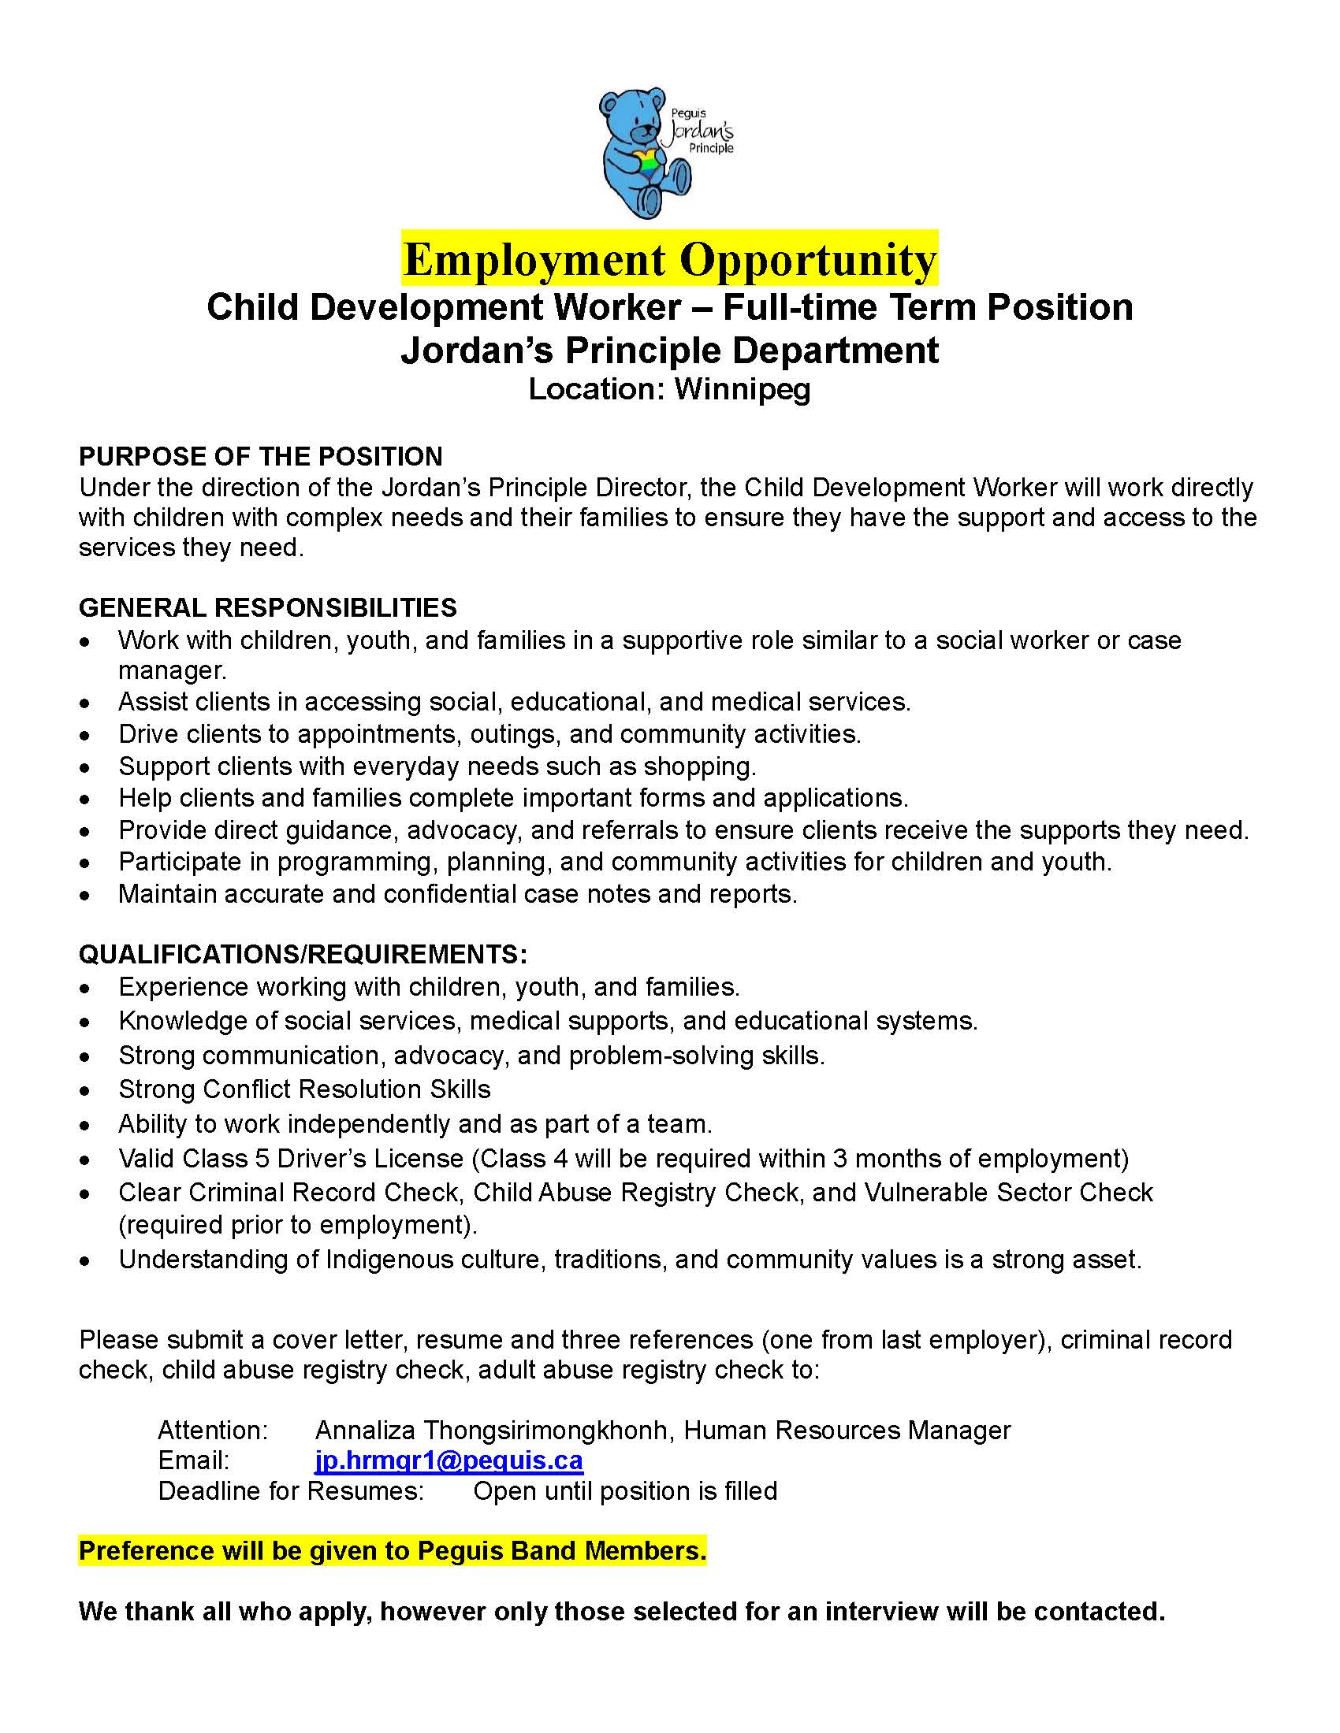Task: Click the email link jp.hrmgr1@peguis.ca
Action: click(x=449, y=1460)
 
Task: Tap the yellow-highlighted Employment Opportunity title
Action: click(x=669, y=258)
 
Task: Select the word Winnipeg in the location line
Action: click(x=743, y=389)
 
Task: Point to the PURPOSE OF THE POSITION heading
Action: click(x=260, y=456)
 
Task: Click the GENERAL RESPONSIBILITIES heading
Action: click(x=267, y=608)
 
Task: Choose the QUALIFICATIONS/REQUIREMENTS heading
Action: click(x=303, y=953)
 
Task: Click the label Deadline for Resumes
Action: click(x=291, y=1491)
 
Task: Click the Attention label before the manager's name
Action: click(x=213, y=1430)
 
